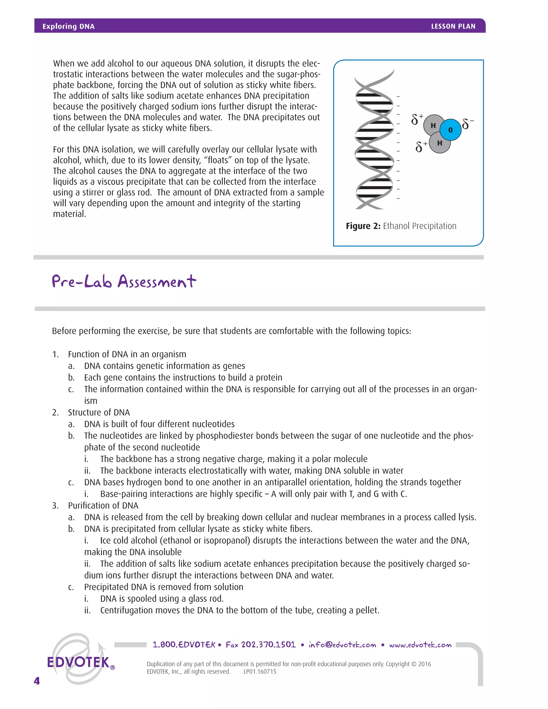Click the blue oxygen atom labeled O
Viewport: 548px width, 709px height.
[x=451, y=130]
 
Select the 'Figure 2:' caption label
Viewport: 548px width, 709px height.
[x=363, y=226]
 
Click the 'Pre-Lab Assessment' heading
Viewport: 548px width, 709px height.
[x=124, y=281]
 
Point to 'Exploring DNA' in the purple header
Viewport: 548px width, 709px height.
[x=68, y=26]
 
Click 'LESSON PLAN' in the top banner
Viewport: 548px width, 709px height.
[x=453, y=26]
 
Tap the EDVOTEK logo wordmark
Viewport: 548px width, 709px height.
[x=79, y=662]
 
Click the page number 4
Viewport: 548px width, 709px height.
[x=37, y=681]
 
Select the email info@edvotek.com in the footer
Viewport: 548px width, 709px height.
[x=342, y=645]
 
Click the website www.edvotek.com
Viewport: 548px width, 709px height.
[x=420, y=645]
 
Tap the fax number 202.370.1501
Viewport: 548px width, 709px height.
[x=268, y=645]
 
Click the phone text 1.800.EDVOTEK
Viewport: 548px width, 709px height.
[x=184, y=645]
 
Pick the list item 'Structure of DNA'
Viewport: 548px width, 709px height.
[x=99, y=412]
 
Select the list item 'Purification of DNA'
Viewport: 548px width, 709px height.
[x=103, y=505]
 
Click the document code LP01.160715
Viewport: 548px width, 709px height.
[x=260, y=672]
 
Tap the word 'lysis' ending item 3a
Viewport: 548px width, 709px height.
[x=466, y=517]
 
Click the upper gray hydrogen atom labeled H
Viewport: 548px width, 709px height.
[x=433, y=125]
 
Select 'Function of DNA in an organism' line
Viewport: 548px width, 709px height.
[x=127, y=354]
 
